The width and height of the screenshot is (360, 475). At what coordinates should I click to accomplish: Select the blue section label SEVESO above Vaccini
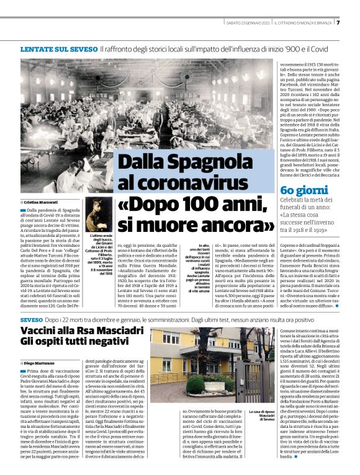click(30, 317)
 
